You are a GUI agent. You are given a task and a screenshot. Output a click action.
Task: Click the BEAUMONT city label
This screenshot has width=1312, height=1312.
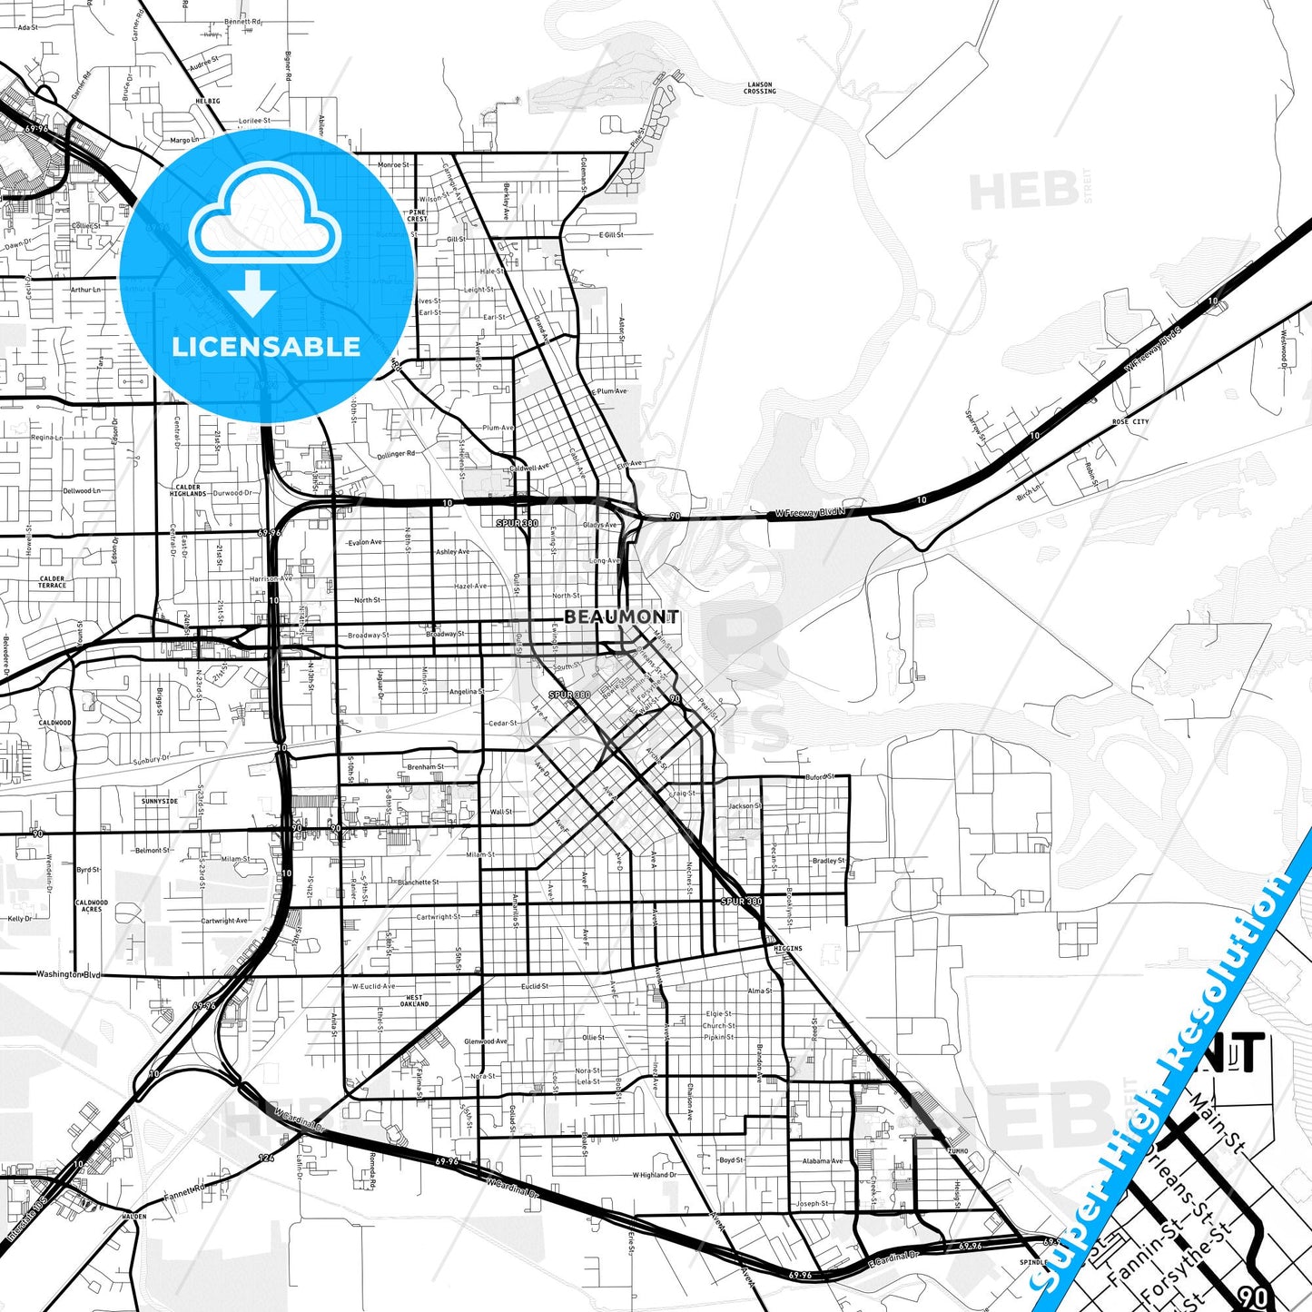tap(621, 617)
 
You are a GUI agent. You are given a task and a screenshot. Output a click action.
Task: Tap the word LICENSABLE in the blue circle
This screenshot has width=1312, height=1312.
tap(266, 347)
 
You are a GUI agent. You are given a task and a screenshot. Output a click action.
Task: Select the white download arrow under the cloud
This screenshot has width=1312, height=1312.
tap(252, 293)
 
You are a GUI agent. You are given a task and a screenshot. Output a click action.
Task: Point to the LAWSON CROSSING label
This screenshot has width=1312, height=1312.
tap(759, 88)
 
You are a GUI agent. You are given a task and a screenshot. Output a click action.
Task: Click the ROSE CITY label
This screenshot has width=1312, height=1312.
tap(1130, 422)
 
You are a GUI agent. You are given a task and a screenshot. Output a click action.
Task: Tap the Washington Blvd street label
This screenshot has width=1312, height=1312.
tap(68, 974)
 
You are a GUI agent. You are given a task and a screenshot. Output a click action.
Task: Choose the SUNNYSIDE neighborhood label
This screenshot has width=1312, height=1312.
tap(159, 802)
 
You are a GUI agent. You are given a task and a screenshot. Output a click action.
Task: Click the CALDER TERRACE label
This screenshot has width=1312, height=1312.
tap(52, 582)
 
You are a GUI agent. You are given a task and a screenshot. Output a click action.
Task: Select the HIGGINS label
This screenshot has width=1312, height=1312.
tap(787, 948)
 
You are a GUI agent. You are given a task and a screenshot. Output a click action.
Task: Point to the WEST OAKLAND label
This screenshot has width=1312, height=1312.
tap(414, 1001)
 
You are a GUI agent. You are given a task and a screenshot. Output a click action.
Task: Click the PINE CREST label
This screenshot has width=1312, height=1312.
tap(417, 216)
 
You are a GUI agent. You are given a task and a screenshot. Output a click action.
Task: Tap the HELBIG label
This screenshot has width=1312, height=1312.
tap(207, 102)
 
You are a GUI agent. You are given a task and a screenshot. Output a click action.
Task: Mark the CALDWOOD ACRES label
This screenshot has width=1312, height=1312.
tap(91, 906)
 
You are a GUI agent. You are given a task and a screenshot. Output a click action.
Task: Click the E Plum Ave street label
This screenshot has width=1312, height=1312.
tap(608, 391)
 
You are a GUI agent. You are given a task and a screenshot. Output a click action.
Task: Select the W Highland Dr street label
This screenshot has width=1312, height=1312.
tap(654, 1175)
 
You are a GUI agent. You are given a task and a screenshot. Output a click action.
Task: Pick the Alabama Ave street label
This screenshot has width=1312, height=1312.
tap(822, 1160)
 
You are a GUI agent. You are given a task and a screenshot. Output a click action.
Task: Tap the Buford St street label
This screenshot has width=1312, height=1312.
tap(819, 777)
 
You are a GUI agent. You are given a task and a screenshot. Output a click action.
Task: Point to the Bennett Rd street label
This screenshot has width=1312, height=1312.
tap(242, 21)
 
